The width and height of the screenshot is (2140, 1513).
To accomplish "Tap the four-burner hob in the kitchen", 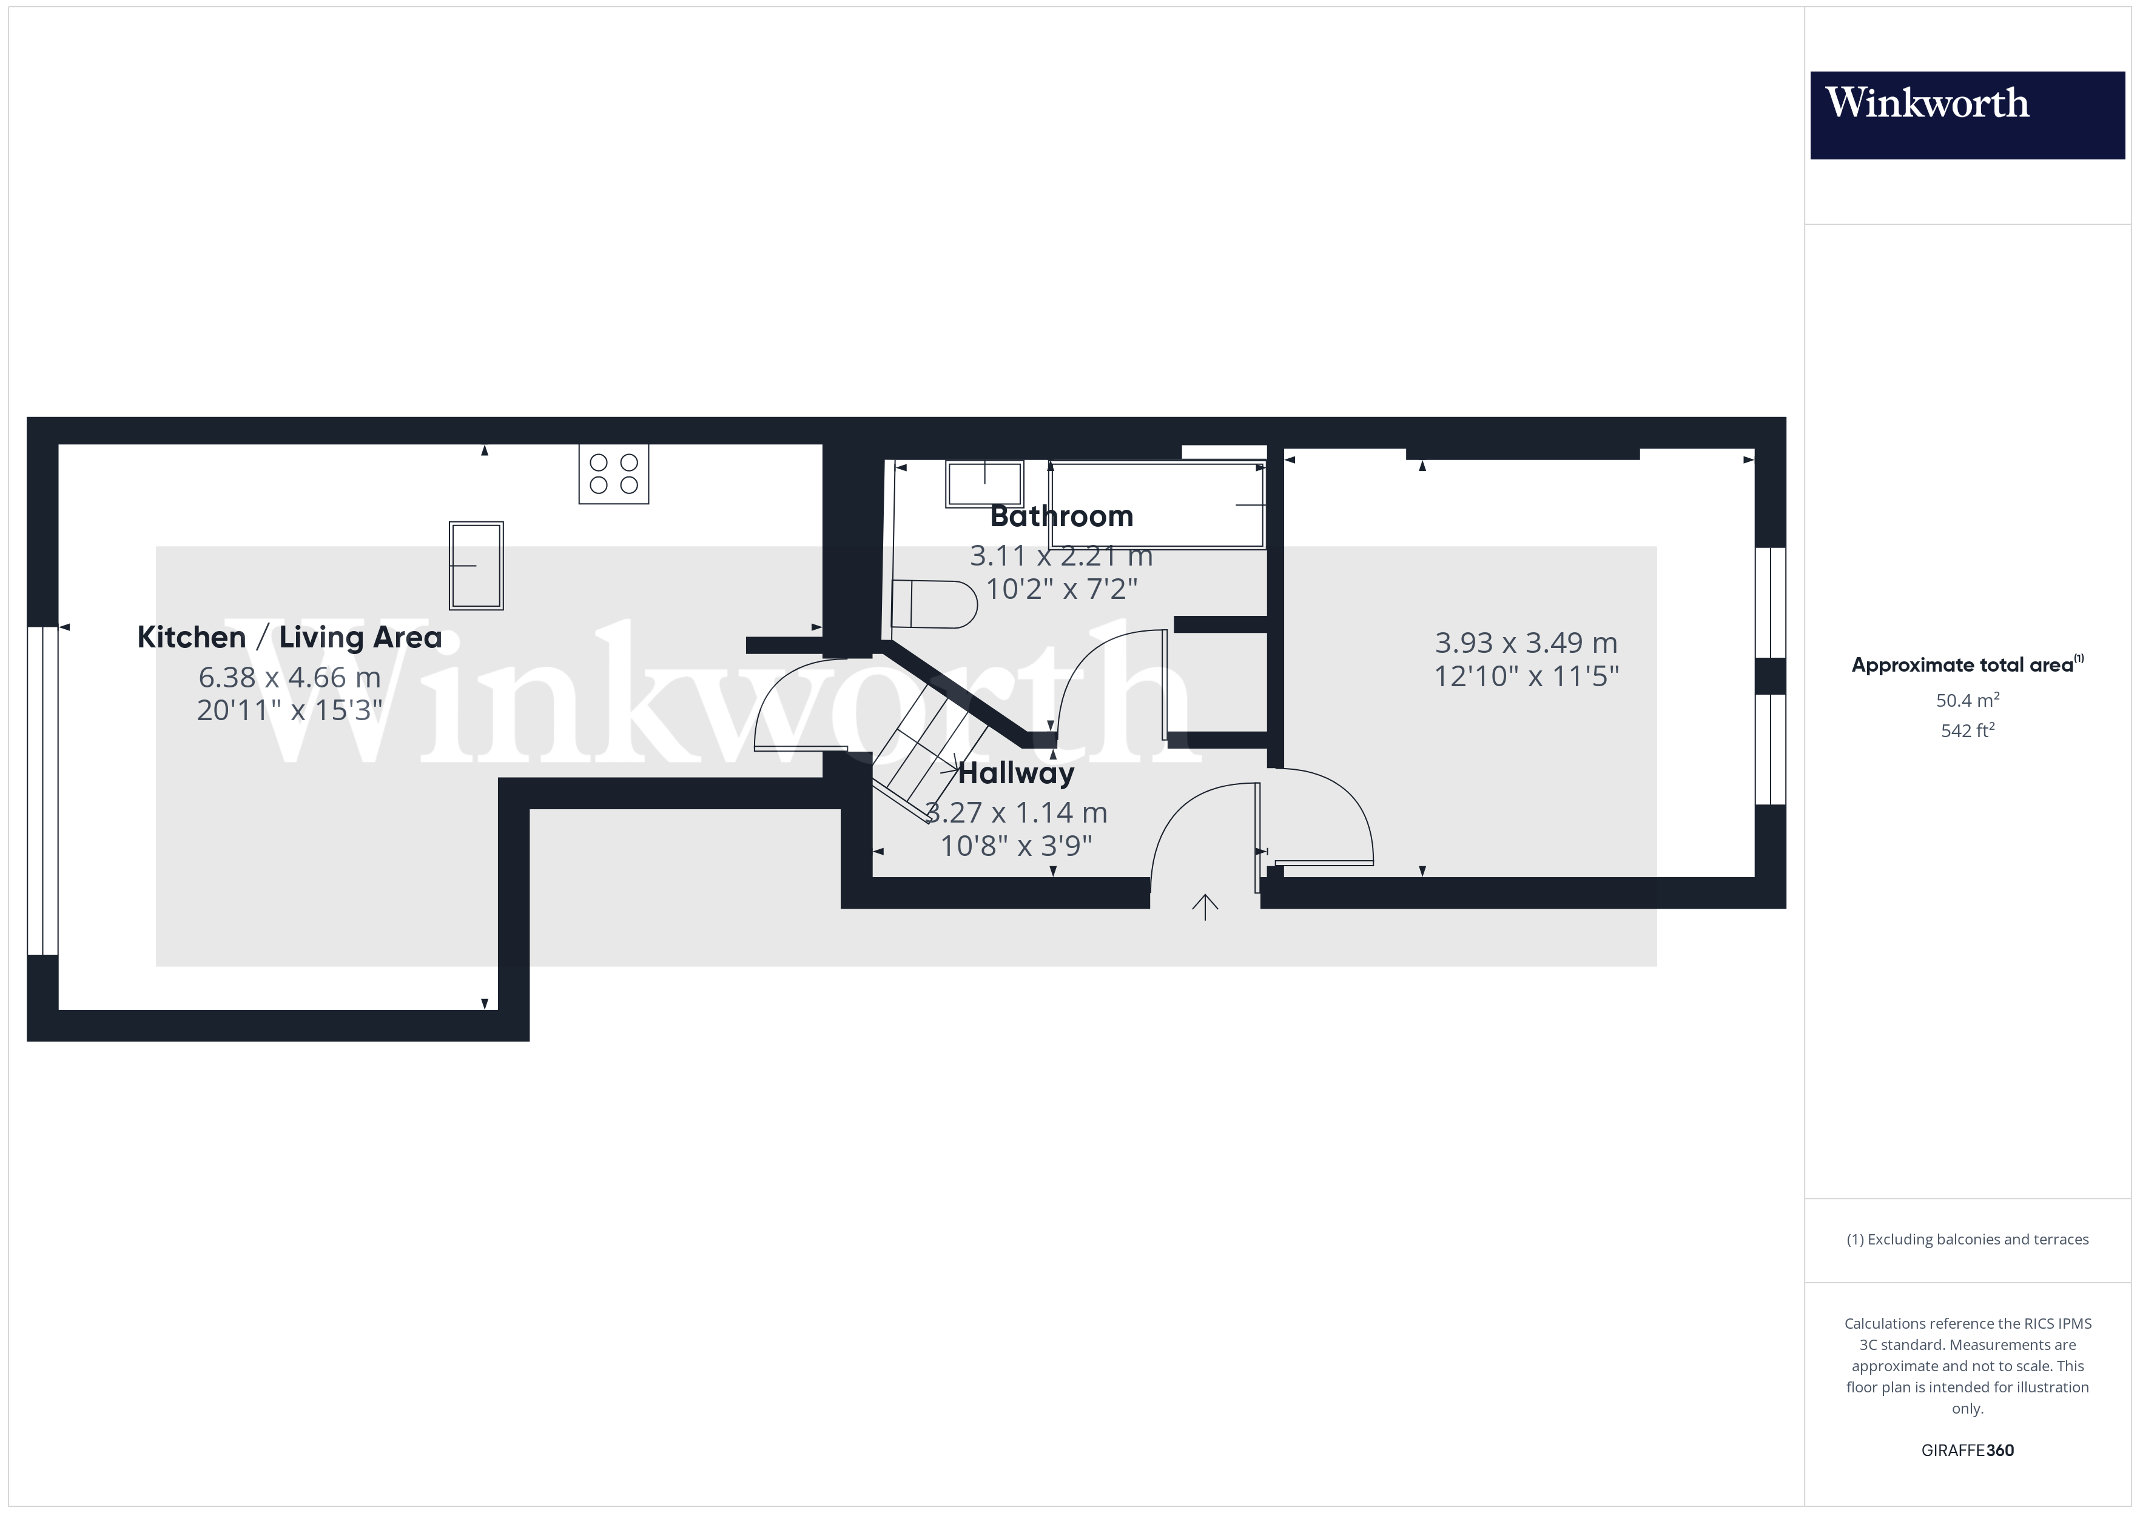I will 613,473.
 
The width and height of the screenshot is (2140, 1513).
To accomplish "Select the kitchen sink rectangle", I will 476,566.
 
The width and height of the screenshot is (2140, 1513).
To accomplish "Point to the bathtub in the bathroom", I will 1157,505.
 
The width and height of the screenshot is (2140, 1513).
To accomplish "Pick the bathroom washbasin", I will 984,484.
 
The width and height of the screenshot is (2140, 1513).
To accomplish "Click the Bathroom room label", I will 1061,516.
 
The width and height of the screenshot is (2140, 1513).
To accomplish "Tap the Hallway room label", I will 1016,773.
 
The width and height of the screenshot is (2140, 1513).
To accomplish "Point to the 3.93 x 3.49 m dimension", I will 1526,643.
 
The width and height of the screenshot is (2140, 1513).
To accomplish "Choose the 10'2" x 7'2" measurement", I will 1061,589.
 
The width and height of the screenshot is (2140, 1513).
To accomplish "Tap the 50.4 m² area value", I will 1967,700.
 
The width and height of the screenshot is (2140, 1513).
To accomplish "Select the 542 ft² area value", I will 1967,730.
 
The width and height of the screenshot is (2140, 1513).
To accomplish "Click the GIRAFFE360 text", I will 1967,1449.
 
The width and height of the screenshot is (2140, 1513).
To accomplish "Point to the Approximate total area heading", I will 1967,664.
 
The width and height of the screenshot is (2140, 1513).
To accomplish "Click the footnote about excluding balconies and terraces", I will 1967,1239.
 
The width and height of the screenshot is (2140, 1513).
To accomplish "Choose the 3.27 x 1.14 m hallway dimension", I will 1016,812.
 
